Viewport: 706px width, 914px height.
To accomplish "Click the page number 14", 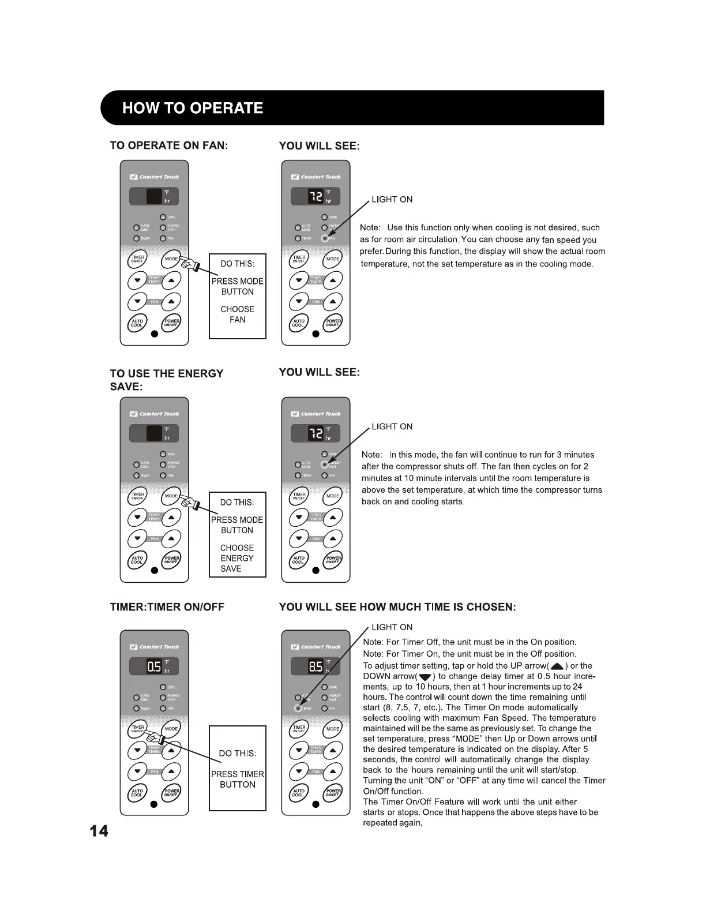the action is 99,831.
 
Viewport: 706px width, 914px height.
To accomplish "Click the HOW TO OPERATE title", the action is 193,108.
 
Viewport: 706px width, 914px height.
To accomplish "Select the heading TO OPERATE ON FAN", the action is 169,145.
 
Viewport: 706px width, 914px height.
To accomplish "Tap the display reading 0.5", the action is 154,666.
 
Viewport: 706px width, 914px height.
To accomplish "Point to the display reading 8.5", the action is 316,666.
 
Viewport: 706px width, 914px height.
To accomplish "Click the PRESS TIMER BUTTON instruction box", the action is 237,768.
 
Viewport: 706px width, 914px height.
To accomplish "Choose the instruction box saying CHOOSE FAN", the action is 237,296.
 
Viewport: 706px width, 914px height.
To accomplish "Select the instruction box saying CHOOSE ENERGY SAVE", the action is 237,534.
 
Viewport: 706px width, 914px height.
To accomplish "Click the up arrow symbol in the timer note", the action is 557,666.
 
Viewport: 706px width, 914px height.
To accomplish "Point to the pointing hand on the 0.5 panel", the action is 152,737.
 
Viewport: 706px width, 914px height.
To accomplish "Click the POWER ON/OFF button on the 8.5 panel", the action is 333,792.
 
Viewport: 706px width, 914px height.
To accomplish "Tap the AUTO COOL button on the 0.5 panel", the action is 137,792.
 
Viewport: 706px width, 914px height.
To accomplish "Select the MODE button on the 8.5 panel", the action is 333,729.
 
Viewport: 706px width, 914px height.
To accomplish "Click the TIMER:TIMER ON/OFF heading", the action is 167,607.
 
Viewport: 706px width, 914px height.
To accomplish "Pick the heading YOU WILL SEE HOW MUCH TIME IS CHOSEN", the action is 397,607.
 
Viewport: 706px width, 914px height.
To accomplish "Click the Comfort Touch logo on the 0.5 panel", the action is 154,647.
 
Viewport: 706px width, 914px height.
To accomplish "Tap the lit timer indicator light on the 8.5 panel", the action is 298,708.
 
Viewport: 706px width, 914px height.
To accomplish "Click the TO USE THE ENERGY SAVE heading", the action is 166,380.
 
